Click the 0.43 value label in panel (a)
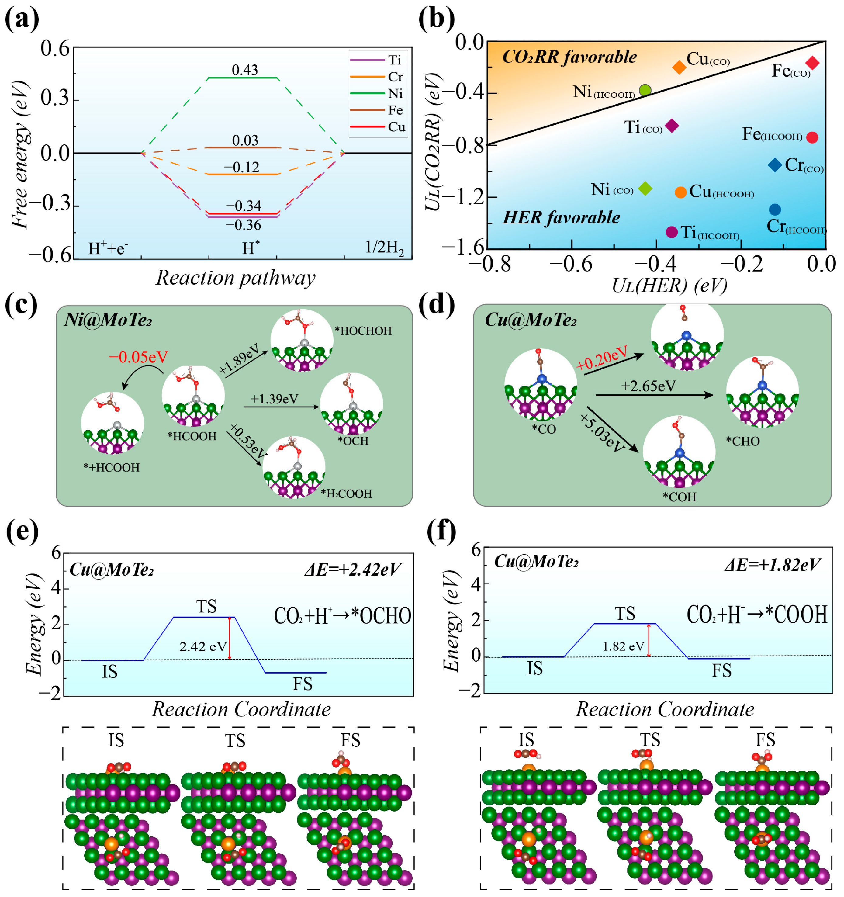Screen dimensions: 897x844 [245, 70]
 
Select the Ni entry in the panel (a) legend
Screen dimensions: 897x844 [395, 93]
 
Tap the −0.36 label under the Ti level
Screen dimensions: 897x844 [244, 225]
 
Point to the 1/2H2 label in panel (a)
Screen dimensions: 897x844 [384, 248]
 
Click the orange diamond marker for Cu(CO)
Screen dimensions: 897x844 [679, 67]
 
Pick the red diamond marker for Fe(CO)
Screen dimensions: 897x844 [812, 63]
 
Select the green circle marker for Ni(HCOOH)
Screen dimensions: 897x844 [645, 90]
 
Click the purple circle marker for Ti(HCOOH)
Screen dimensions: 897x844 [672, 232]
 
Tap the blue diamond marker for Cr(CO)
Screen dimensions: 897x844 [775, 165]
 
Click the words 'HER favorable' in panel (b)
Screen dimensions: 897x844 [561, 217]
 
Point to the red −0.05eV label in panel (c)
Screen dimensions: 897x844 [138, 357]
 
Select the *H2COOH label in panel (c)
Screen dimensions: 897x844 [346, 494]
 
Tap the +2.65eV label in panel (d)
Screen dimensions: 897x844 [648, 386]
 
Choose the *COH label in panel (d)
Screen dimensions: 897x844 [679, 497]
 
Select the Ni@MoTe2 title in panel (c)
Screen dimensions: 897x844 [108, 320]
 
